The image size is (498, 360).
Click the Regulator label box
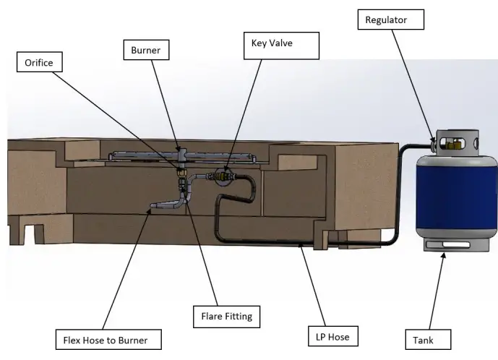tap(390, 20)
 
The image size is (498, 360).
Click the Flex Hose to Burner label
tap(108, 338)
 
